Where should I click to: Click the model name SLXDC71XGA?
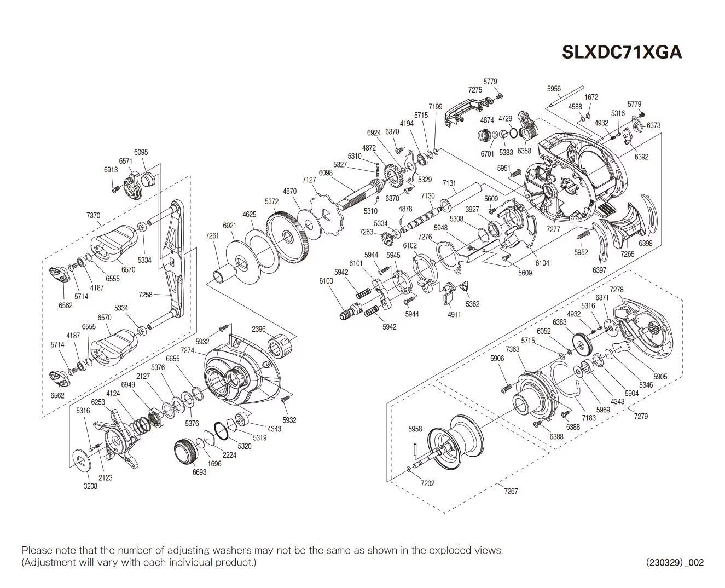(622, 51)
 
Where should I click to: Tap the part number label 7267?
(511, 491)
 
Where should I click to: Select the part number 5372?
(272, 201)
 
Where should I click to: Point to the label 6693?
(199, 472)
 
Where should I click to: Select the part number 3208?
(90, 486)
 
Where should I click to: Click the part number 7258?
(146, 295)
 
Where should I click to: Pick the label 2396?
(259, 329)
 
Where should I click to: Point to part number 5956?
(554, 89)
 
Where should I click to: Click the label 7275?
(475, 90)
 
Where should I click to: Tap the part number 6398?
(646, 243)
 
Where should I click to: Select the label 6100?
(326, 281)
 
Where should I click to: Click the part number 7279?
(641, 416)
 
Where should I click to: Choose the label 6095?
(141, 152)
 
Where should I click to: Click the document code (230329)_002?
(675, 562)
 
